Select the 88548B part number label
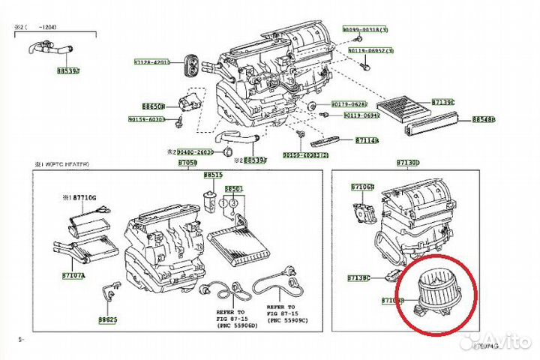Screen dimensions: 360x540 coord(484,119)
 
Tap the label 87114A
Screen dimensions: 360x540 coord(367,140)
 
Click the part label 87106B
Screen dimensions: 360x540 coord(363,186)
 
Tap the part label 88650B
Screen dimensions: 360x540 coord(153,106)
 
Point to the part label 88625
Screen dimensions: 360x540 coord(107,318)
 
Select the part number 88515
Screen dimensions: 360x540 coord(213,175)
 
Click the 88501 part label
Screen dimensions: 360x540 coord(234,188)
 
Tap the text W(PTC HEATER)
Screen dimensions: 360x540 coord(64,163)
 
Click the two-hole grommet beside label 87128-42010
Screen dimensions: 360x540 coord(193,63)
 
